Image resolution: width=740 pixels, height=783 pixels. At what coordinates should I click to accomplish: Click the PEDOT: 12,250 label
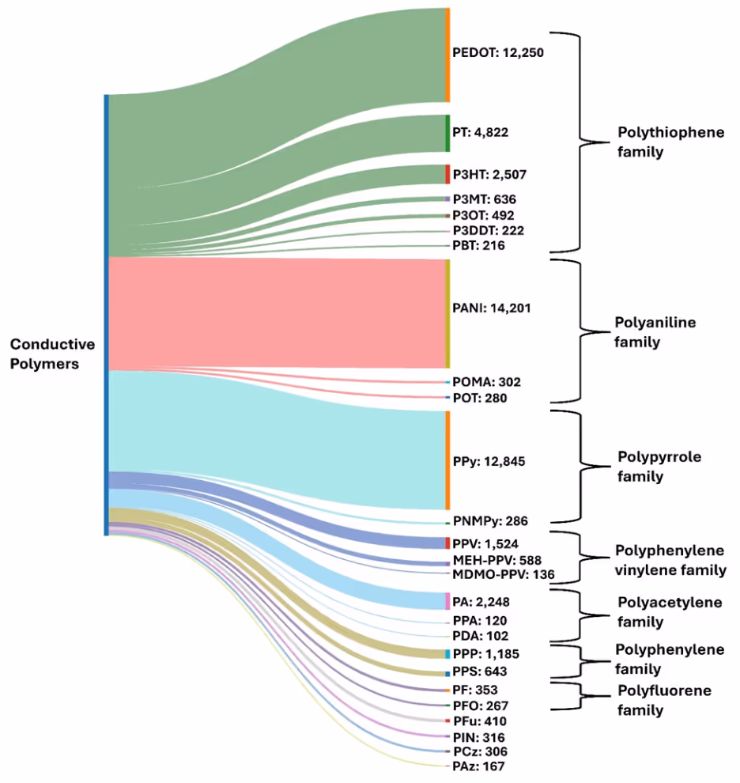tap(497, 54)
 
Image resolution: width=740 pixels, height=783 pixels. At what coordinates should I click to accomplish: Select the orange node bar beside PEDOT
tap(447, 55)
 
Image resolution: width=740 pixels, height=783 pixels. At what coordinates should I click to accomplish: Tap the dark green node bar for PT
tap(447, 133)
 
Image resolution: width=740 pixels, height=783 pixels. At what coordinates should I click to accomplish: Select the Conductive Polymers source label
tap(52, 354)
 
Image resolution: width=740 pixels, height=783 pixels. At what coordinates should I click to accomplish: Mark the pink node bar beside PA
tap(447, 601)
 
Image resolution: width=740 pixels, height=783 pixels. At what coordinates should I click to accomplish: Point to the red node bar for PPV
tap(447, 543)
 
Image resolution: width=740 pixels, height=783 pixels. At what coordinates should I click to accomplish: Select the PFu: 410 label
tap(479, 721)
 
